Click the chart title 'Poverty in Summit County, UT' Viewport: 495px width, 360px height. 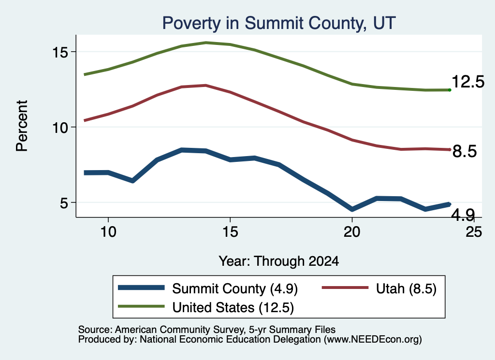pyautogui.click(x=279, y=23)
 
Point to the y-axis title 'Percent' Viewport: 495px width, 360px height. pyautogui.click(x=22, y=126)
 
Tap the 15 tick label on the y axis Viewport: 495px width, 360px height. pyautogui.click(x=60, y=52)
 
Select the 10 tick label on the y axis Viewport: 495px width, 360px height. pyautogui.click(x=60, y=128)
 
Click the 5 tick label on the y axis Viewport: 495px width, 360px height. pyautogui.click(x=64, y=203)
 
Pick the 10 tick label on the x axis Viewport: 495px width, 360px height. pyautogui.click(x=108, y=232)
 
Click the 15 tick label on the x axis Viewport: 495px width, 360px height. pyautogui.click(x=230, y=232)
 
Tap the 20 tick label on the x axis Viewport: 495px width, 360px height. pyautogui.click(x=352, y=232)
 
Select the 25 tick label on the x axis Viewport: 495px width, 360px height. pyautogui.click(x=474, y=232)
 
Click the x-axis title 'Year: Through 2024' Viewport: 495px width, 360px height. pyautogui.click(x=279, y=261)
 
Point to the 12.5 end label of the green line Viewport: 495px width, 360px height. pyautogui.click(x=468, y=82)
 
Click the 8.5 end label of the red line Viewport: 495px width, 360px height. pyautogui.click(x=465, y=151)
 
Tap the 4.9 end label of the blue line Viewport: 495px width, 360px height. pyautogui.click(x=463, y=215)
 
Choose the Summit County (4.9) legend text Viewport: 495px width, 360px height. pyautogui.click(x=235, y=288)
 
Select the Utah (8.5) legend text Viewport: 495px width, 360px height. pyautogui.click(x=406, y=288)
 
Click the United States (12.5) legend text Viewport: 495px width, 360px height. pyautogui.click(x=233, y=307)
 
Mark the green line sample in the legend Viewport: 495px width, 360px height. pyautogui.click(x=141, y=306)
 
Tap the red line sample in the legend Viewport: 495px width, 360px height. pyautogui.click(x=345, y=288)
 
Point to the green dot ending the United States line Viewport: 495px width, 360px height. pyautogui.click(x=450, y=90)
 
